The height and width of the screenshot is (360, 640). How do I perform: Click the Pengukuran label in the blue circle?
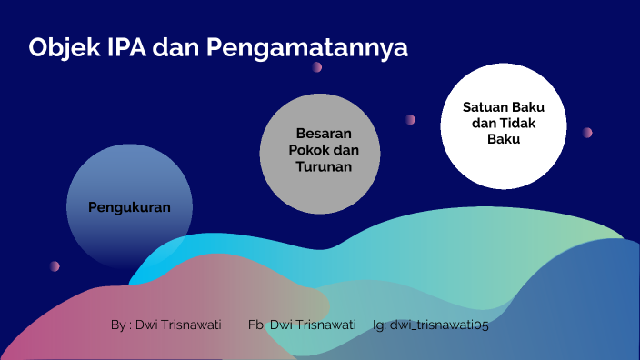[x=129, y=206]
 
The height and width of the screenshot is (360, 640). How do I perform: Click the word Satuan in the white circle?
[x=485, y=106]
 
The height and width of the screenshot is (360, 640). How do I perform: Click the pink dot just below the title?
[x=317, y=66]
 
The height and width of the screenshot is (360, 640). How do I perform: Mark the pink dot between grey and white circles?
[x=410, y=119]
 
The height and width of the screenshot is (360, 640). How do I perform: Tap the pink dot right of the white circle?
[x=587, y=132]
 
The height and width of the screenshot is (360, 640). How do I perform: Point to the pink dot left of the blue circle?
[x=55, y=265]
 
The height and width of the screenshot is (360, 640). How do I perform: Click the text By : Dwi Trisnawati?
[x=165, y=324]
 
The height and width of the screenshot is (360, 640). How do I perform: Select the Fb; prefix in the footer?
[x=256, y=324]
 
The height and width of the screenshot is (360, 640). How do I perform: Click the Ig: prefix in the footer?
[x=379, y=324]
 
